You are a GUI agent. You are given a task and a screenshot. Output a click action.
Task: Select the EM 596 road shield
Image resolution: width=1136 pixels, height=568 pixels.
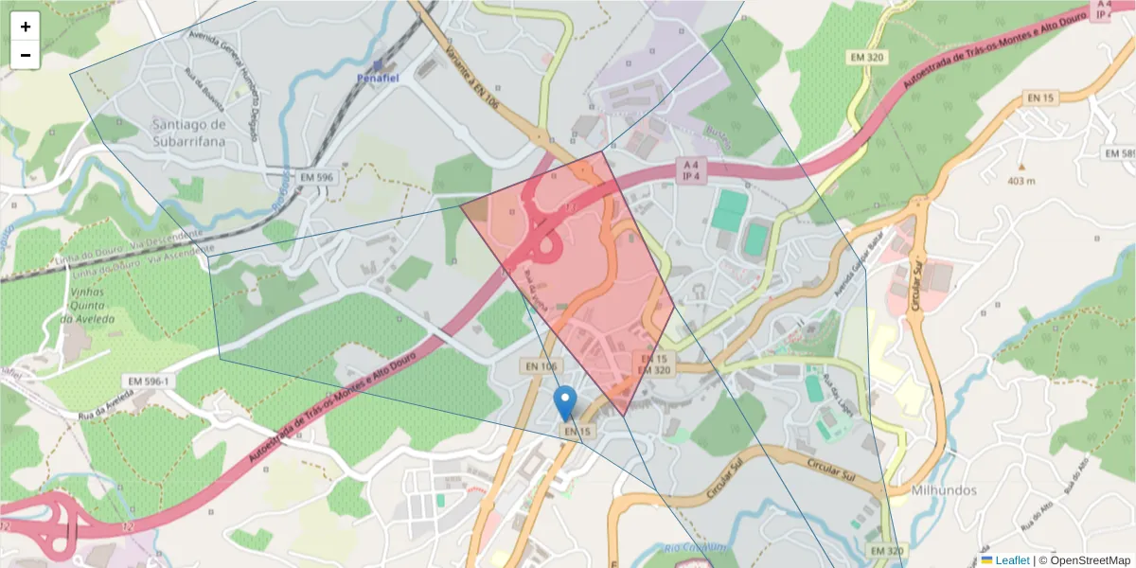(316, 177)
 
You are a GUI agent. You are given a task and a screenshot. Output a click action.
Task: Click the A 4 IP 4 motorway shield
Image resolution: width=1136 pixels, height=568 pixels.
(690, 169)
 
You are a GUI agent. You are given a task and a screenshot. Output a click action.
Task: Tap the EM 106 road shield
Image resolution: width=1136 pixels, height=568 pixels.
(541, 366)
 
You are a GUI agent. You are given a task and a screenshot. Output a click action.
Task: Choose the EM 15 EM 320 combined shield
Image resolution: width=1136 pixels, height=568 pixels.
(653, 364)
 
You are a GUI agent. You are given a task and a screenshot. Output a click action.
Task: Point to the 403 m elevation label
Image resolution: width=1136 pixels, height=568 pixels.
(1021, 181)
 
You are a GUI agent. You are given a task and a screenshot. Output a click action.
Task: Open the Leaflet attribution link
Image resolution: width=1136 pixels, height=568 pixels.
(1012, 560)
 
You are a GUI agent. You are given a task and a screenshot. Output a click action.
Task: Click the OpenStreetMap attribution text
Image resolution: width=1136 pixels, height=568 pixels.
(1084, 560)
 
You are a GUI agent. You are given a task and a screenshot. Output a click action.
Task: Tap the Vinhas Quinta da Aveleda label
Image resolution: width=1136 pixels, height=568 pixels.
(80, 306)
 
